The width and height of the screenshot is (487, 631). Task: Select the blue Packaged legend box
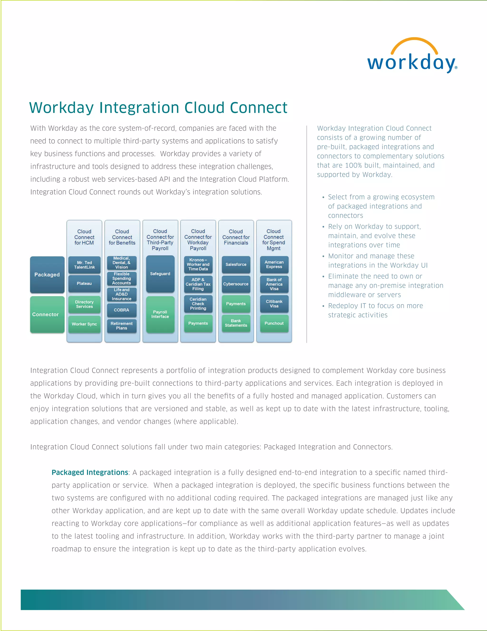tap(47, 275)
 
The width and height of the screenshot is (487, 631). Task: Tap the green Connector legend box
tap(47, 314)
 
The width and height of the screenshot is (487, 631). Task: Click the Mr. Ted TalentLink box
tap(84, 265)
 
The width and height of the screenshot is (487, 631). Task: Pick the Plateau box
tap(84, 283)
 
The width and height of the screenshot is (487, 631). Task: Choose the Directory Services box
tap(84, 304)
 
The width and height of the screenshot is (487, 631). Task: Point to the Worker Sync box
tap(84, 324)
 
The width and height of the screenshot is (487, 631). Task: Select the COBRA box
tap(122, 310)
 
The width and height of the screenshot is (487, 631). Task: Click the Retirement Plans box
tap(122, 326)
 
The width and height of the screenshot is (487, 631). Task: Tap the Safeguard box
tap(160, 274)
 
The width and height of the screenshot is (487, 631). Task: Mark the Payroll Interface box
tap(160, 314)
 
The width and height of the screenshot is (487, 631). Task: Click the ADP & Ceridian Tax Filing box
tap(198, 284)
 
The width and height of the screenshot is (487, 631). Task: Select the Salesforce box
tap(236, 264)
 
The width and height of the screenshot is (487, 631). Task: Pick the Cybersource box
tap(236, 284)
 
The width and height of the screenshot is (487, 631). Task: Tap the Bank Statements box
tap(236, 323)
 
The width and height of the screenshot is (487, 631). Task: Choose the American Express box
tap(274, 264)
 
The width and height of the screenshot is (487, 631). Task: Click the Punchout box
tap(274, 323)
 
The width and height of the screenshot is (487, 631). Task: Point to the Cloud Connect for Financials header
tap(236, 237)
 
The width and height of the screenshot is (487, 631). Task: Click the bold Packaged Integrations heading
tap(90, 472)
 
